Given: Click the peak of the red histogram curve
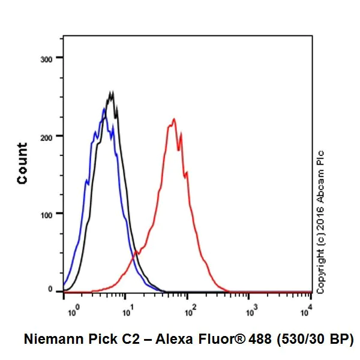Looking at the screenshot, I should (x=173, y=119).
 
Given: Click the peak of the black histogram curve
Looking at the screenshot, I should (x=111, y=92).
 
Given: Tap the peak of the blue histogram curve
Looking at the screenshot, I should (x=104, y=109).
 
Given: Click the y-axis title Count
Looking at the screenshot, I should (x=22, y=163).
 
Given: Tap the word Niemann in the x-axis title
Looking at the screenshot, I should (x=52, y=339).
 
